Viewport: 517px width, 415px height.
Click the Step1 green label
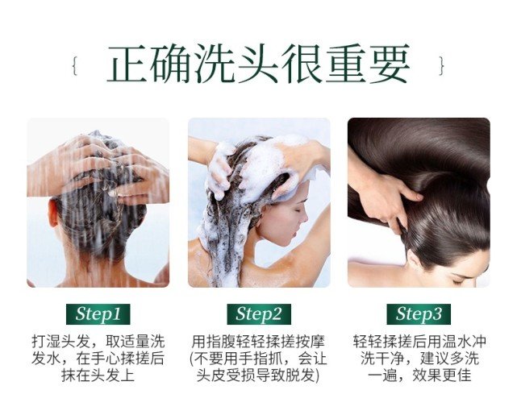(x=98, y=314)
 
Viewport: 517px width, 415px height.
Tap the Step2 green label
(x=259, y=314)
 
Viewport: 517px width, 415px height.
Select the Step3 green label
(x=419, y=314)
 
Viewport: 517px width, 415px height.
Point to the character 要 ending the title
(x=390, y=64)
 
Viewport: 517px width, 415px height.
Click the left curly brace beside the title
(x=75, y=65)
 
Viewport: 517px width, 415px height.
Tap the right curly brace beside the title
(x=442, y=65)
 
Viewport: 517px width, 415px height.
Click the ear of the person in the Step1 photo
(x=53, y=213)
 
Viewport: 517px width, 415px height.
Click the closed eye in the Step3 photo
(x=459, y=281)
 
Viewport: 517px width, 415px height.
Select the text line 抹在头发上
(x=98, y=376)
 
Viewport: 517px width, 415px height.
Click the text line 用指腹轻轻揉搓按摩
(x=258, y=342)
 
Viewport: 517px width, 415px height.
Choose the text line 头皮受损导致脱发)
(x=258, y=376)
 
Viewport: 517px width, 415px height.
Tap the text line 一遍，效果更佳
(x=419, y=376)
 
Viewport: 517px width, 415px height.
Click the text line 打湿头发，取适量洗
(x=98, y=342)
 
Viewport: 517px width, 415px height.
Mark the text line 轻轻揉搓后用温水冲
(x=419, y=342)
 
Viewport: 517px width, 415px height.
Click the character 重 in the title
(x=346, y=64)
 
